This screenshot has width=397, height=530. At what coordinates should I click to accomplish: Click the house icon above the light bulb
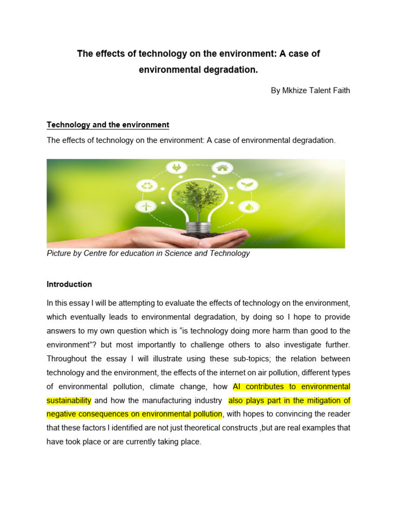(223, 168)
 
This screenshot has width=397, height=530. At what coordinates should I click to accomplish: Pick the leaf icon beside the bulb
(248, 184)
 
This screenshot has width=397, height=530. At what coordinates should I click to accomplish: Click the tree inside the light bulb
(196, 197)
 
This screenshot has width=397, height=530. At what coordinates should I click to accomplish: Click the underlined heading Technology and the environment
(108, 125)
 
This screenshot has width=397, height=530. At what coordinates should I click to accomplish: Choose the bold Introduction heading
(69, 284)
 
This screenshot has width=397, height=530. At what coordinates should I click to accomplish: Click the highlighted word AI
(237, 387)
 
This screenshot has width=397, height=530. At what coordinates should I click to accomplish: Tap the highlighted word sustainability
(69, 401)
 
